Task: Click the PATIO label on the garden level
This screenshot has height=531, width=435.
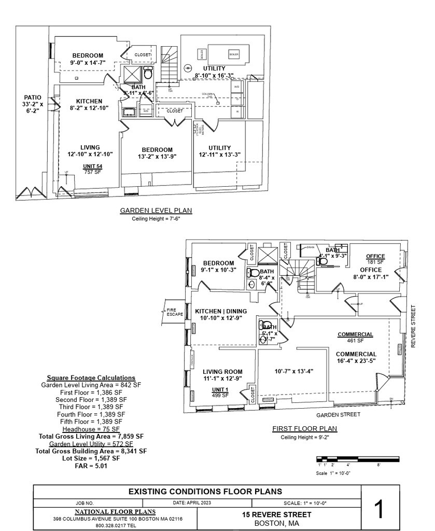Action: [x=32, y=97]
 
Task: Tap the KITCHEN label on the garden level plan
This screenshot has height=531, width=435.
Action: [x=89, y=101]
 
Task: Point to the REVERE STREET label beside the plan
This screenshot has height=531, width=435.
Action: [x=413, y=326]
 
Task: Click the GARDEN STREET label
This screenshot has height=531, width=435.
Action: [x=338, y=415]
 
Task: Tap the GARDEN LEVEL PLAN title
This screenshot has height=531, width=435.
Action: [x=156, y=211]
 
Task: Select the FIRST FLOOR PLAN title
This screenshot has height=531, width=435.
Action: [x=304, y=429]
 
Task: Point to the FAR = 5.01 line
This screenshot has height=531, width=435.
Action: [x=91, y=466]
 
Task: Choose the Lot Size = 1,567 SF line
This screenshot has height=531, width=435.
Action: [x=91, y=458]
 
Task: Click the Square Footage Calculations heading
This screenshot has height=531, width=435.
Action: [x=91, y=378]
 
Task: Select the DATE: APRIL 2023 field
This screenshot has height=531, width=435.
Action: [x=192, y=502]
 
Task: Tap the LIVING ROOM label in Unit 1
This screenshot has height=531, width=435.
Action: [x=222, y=371]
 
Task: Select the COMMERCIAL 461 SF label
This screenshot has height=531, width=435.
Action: [x=356, y=337]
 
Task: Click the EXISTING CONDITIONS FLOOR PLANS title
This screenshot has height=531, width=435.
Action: [x=205, y=491]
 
